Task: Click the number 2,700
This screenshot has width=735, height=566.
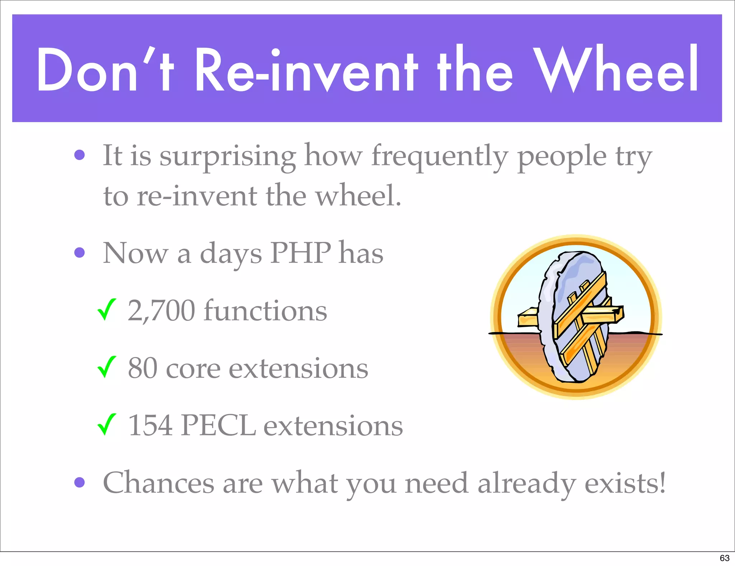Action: [161, 311]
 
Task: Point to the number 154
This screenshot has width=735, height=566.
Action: [150, 426]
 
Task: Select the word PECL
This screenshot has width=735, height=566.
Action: [218, 426]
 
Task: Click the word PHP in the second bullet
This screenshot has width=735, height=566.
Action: [300, 253]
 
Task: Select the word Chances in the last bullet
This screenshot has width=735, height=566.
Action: [158, 483]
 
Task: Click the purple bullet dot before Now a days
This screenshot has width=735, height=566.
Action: [79, 252]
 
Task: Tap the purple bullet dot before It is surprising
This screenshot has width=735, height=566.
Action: [79, 155]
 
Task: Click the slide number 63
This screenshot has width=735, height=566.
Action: [724, 558]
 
